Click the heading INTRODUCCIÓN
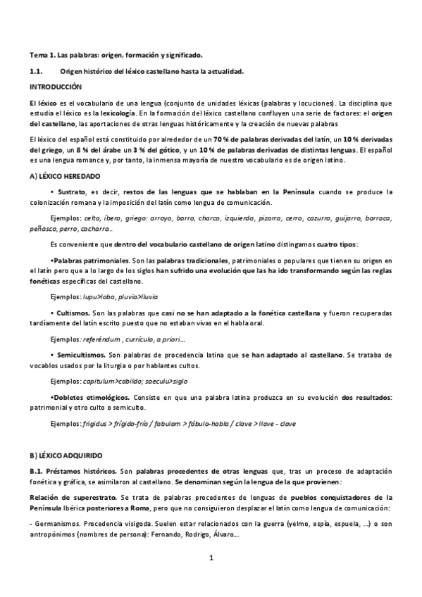pos(56,87)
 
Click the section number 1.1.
pos(36,71)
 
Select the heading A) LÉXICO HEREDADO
pos(66,175)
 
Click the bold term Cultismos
pos(73,311)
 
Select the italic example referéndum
pos(103,339)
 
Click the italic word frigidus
pos(97,424)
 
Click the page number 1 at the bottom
pos(211,560)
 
